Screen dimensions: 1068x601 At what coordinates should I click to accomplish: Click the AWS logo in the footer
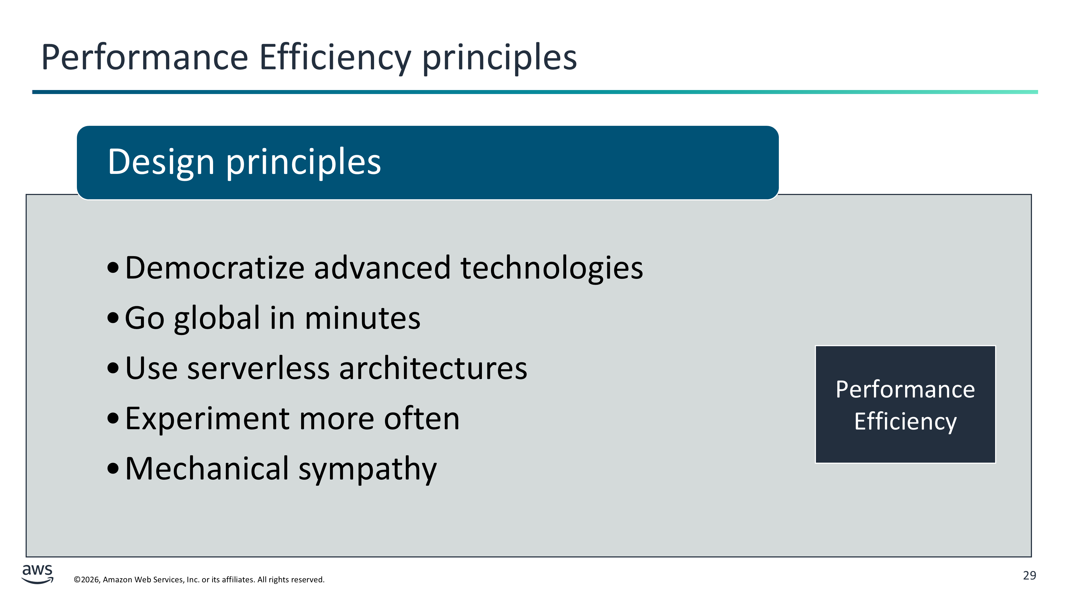pyautogui.click(x=37, y=574)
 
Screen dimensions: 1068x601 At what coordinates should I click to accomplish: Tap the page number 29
pyautogui.click(x=1030, y=576)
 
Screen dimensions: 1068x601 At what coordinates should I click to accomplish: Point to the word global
pyautogui.click(x=217, y=319)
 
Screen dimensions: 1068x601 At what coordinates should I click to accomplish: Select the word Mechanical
pyautogui.click(x=207, y=469)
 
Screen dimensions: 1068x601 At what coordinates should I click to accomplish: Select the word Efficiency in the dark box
pyautogui.click(x=905, y=422)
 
